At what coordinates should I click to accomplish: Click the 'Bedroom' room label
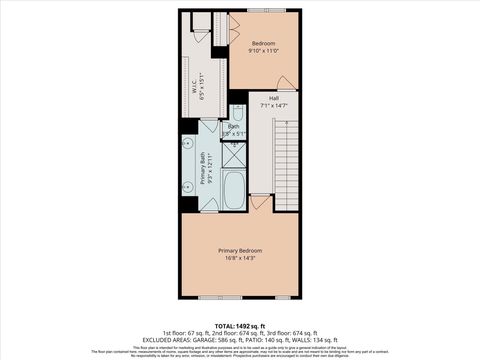click(x=263, y=43)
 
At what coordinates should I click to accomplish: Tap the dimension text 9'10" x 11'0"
click(x=263, y=51)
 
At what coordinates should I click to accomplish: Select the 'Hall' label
click(x=273, y=97)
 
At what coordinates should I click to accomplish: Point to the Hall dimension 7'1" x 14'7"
click(x=273, y=105)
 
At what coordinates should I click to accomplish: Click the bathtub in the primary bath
click(x=234, y=190)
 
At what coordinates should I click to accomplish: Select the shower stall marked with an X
click(x=234, y=154)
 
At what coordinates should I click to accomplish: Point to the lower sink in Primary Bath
click(x=188, y=186)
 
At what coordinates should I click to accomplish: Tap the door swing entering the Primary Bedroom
click(x=260, y=202)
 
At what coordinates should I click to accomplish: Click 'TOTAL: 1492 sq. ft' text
click(x=240, y=324)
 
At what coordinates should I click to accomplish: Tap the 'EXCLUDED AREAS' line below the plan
click(x=240, y=339)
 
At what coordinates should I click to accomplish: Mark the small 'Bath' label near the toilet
click(x=233, y=126)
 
